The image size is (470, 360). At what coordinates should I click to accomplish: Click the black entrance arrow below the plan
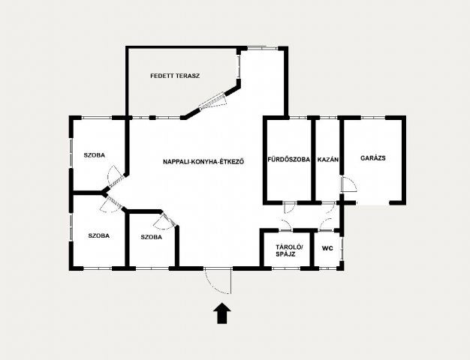coord(222,313)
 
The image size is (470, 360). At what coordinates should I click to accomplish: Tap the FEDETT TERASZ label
coord(175,76)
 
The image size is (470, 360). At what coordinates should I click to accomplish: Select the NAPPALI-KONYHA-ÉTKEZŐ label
coord(203,162)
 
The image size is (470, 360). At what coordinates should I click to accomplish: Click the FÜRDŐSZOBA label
coord(288,159)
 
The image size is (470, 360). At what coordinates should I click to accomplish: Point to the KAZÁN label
coord(328,159)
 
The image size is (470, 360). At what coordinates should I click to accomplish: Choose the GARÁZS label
coord(373,158)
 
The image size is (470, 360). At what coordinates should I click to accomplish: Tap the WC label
coord(327,248)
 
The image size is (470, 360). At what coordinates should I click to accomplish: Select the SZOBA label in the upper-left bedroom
coord(95,155)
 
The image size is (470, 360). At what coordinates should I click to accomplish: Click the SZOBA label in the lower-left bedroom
coord(99,235)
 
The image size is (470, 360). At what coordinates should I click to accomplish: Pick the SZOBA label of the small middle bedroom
coord(152,237)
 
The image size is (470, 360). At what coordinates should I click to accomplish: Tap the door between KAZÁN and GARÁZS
coord(348,184)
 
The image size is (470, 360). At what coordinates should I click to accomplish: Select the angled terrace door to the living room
coord(212,101)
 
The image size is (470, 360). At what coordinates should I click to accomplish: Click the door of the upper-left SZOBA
coord(115,177)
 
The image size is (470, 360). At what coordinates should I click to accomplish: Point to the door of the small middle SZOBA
coord(164,221)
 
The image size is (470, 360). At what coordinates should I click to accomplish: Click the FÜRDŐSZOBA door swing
coord(289,207)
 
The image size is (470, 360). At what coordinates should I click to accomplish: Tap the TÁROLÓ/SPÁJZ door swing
coord(286,225)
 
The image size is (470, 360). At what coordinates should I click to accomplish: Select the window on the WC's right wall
coord(342,249)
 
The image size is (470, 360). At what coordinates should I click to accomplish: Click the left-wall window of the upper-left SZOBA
coord(71,153)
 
